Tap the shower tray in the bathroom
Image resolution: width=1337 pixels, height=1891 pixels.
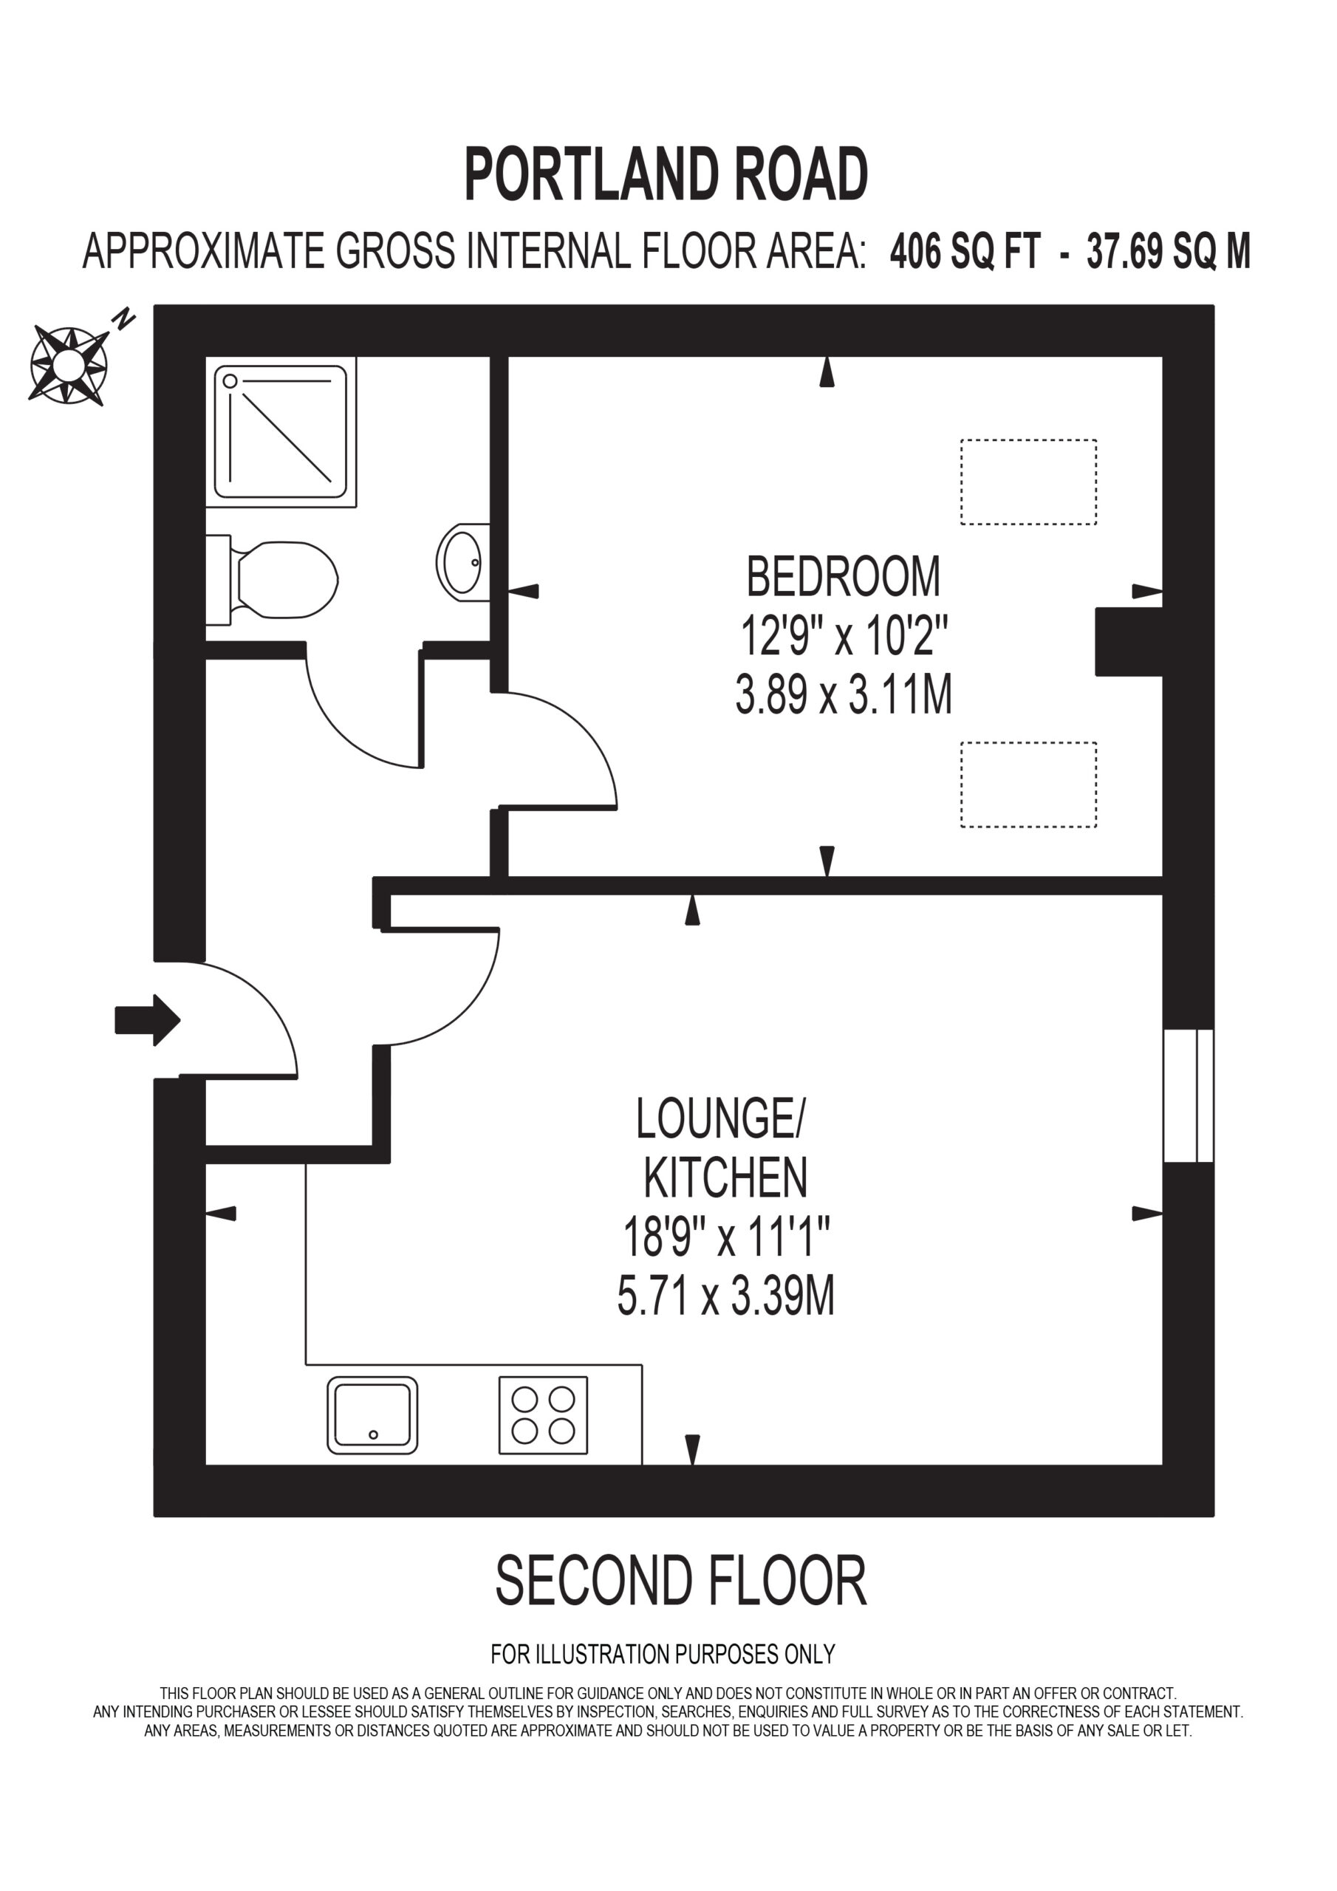point(280,432)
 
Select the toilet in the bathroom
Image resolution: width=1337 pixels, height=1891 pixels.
point(271,580)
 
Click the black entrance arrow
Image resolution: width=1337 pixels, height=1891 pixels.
point(148,1019)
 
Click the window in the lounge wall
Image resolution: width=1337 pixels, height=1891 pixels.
point(1188,1095)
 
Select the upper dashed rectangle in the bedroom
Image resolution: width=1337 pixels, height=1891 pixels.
point(1028,482)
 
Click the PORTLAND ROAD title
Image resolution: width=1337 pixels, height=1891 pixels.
point(666,174)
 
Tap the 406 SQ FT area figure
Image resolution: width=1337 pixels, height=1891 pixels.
point(965,250)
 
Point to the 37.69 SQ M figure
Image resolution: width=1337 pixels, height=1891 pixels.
point(1168,250)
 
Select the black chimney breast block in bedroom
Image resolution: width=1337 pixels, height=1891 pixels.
point(1129,642)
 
